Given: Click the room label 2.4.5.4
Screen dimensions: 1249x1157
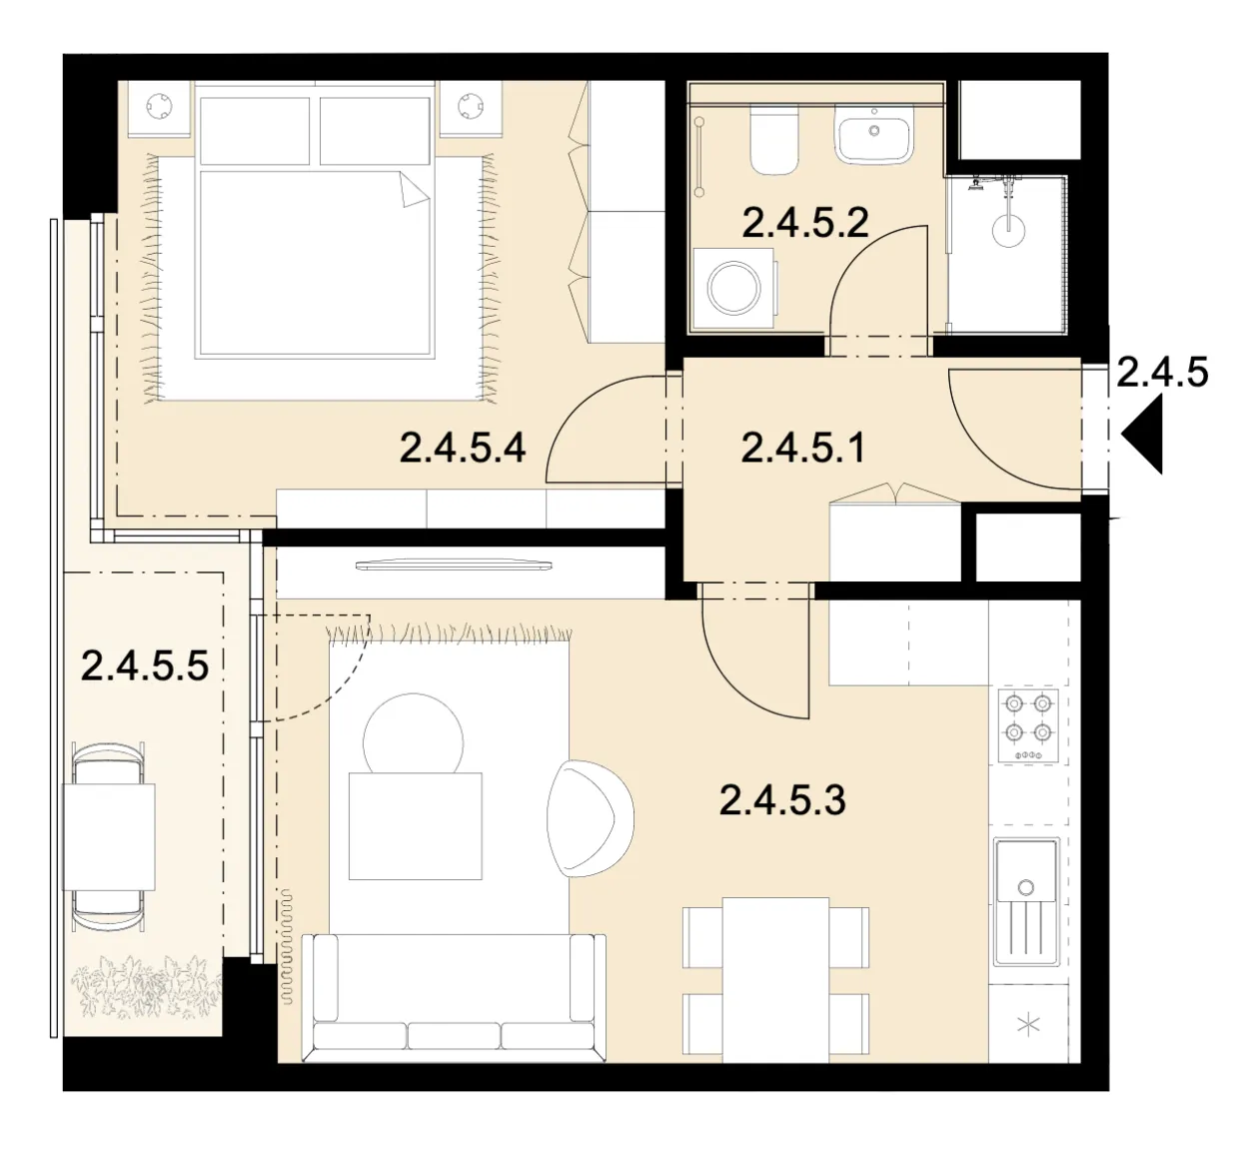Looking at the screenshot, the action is click(x=463, y=449).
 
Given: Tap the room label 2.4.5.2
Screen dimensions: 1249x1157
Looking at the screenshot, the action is click(x=805, y=223).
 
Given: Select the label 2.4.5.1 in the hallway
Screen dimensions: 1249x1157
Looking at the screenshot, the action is click(x=803, y=449).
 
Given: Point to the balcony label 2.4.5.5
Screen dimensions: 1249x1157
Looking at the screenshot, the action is click(x=145, y=666).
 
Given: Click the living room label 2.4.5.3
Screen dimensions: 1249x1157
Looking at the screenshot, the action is click(x=782, y=800).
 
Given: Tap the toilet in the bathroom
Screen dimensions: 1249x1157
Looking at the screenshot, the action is click(x=774, y=140).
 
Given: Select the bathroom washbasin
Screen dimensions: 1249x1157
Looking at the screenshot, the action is click(x=874, y=135).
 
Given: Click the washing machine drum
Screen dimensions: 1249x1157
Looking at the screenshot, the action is click(x=734, y=288).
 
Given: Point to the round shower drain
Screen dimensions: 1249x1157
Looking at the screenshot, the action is click(x=1009, y=230).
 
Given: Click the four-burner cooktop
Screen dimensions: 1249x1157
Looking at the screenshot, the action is click(x=1028, y=726).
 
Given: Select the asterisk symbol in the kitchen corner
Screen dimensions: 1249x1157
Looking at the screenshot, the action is click(x=1029, y=1025).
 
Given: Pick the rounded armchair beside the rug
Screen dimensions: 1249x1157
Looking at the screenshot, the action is click(x=590, y=818).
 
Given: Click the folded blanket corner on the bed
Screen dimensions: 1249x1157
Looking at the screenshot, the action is click(x=415, y=190).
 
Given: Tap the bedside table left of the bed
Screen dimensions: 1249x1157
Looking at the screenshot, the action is click(x=159, y=108).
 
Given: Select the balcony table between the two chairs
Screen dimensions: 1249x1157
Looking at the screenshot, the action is click(x=109, y=836).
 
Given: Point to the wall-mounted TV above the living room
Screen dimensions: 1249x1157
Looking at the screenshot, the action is click(x=454, y=566).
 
